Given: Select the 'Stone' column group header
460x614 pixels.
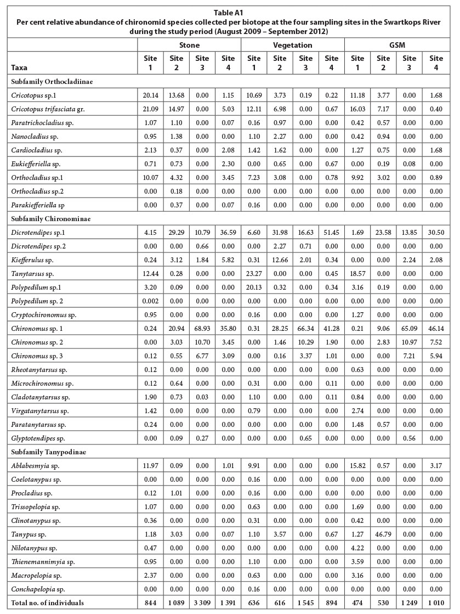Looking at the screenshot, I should click(x=189, y=45).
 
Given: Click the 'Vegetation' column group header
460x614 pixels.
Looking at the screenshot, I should click(x=293, y=45).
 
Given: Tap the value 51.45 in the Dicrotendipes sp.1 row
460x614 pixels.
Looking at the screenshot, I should click(x=332, y=233).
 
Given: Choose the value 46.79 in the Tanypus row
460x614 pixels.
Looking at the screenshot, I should click(x=383, y=531).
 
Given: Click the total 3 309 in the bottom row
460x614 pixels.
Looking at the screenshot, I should click(x=202, y=603).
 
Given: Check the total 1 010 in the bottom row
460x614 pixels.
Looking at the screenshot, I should click(x=435, y=603).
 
